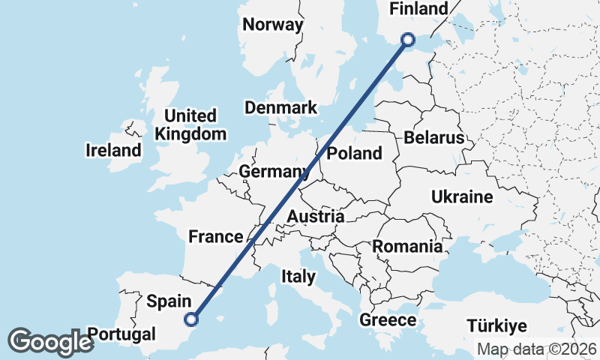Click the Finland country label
(419, 9)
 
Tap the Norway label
(273, 25)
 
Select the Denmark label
(281, 108)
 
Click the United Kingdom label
(190, 125)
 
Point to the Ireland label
(113, 150)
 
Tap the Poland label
(355, 154)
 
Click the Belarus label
(434, 138)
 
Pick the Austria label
(316, 217)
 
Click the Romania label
(407, 246)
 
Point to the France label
(216, 237)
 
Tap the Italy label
(298, 277)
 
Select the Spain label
(167, 301)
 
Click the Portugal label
(120, 334)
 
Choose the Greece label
(388, 320)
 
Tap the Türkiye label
(496, 326)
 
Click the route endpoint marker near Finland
(408, 40)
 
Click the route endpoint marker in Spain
(191, 319)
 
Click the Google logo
(51, 341)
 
